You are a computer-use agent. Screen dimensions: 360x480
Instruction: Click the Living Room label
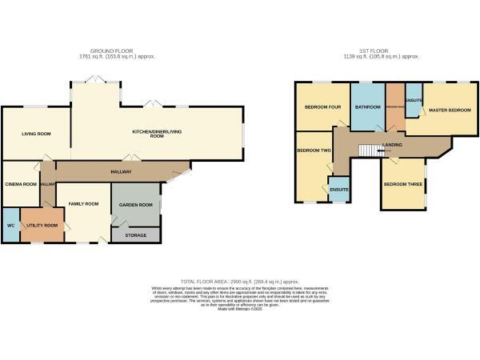pyautogui.click(x=36, y=134)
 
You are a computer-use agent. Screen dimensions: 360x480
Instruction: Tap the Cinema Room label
pyautogui.click(x=20, y=184)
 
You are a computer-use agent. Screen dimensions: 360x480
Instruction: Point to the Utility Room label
pyautogui.click(x=42, y=225)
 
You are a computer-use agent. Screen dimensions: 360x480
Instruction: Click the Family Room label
pyautogui.click(x=84, y=204)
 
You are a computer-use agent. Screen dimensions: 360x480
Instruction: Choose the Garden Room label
pyautogui.click(x=136, y=204)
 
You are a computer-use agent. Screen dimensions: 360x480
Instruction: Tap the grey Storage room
pyautogui.click(x=136, y=235)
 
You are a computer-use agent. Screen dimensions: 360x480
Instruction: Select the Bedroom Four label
pyautogui.click(x=322, y=107)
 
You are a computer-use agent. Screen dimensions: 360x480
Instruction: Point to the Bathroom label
pyautogui.click(x=367, y=107)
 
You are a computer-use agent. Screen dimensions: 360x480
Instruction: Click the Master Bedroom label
pyautogui.click(x=449, y=110)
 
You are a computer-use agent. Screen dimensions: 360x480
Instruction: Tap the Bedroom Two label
pyautogui.click(x=314, y=150)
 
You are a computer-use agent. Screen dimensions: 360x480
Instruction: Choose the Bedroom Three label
pyautogui.click(x=403, y=184)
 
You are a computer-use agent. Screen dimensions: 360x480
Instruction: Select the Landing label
pyautogui.click(x=392, y=145)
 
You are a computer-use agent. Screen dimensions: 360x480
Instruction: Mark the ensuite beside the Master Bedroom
pyautogui.click(x=414, y=100)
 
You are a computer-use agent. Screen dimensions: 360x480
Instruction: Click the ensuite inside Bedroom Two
pyautogui.click(x=339, y=189)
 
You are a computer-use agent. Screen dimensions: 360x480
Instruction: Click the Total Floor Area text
pyautogui.click(x=240, y=282)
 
